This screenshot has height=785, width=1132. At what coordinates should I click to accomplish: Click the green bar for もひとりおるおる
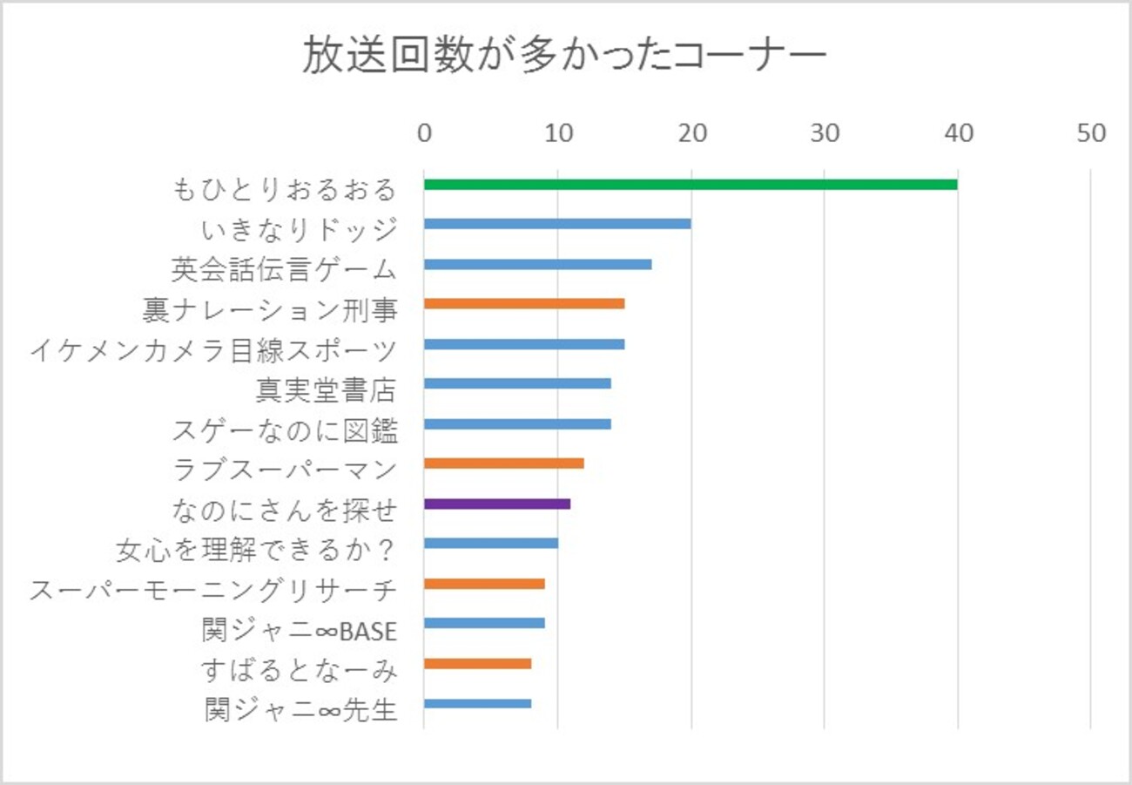691,184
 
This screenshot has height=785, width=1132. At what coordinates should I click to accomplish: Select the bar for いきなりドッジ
557,224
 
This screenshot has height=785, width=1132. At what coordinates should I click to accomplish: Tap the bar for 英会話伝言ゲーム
537,264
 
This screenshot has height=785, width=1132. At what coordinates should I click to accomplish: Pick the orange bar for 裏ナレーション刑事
524,304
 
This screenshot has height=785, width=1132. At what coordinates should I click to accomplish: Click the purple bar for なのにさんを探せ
497,504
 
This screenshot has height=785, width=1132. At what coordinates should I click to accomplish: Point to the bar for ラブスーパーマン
503,464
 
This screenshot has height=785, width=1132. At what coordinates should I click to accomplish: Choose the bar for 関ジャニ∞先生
477,704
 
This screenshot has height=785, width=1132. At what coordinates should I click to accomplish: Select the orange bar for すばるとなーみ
477,664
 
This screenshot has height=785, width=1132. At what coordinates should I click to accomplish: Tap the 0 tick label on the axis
424,133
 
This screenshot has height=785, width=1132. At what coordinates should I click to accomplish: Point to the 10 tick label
558,133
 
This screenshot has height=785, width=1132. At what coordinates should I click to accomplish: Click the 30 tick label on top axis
825,133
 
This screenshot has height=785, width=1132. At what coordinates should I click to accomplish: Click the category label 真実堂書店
326,389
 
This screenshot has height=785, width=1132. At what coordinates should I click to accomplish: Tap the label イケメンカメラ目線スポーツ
213,349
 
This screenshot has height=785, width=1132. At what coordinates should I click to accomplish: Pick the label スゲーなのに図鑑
285,430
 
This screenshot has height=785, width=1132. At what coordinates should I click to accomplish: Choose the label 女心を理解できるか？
257,550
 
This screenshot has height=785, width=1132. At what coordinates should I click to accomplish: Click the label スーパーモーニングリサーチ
213,590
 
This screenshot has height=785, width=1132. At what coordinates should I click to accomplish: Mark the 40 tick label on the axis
958,133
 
